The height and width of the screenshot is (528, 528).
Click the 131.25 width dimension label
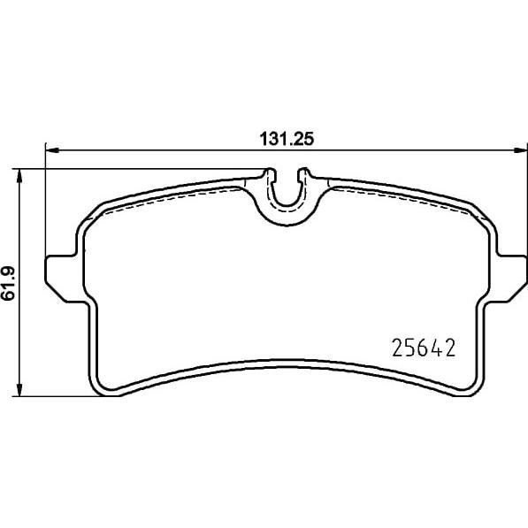coord(287,139)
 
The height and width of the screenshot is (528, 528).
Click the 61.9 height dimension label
coord(8,283)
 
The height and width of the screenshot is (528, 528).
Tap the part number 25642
coord(424,348)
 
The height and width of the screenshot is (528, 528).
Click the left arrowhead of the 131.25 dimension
coord(52,151)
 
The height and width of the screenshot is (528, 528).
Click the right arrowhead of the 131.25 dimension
coord(520,151)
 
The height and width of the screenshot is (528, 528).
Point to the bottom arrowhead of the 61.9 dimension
coord(19,389)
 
